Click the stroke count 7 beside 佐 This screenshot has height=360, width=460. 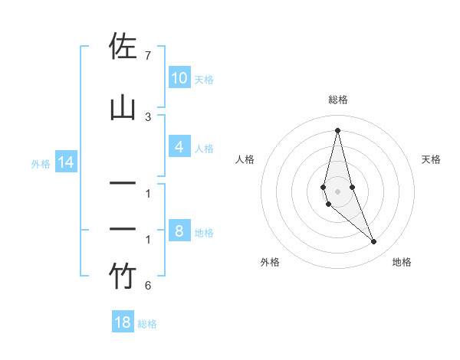tap(148, 56)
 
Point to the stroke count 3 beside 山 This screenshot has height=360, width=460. tap(148, 116)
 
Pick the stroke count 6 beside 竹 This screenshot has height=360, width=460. tap(148, 286)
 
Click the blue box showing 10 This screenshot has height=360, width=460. tap(179, 78)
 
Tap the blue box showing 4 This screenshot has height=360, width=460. tap(179, 147)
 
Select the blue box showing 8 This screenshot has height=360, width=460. tap(179, 231)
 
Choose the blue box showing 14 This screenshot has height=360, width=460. tap(65, 162)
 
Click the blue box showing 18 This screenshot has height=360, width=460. tap(123, 322)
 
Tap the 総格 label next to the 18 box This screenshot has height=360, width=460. tap(147, 324)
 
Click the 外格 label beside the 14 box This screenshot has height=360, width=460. tap(41, 163)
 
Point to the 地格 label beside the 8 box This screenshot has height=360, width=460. tap(204, 232)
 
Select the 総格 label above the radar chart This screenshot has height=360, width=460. tap(337, 100)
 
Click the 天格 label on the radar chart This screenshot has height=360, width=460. tap(432, 159)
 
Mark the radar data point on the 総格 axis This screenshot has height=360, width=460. tap(337, 129)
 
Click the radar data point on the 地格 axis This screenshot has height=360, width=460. tap(374, 242)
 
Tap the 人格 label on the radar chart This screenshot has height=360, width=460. tap(245, 159)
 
